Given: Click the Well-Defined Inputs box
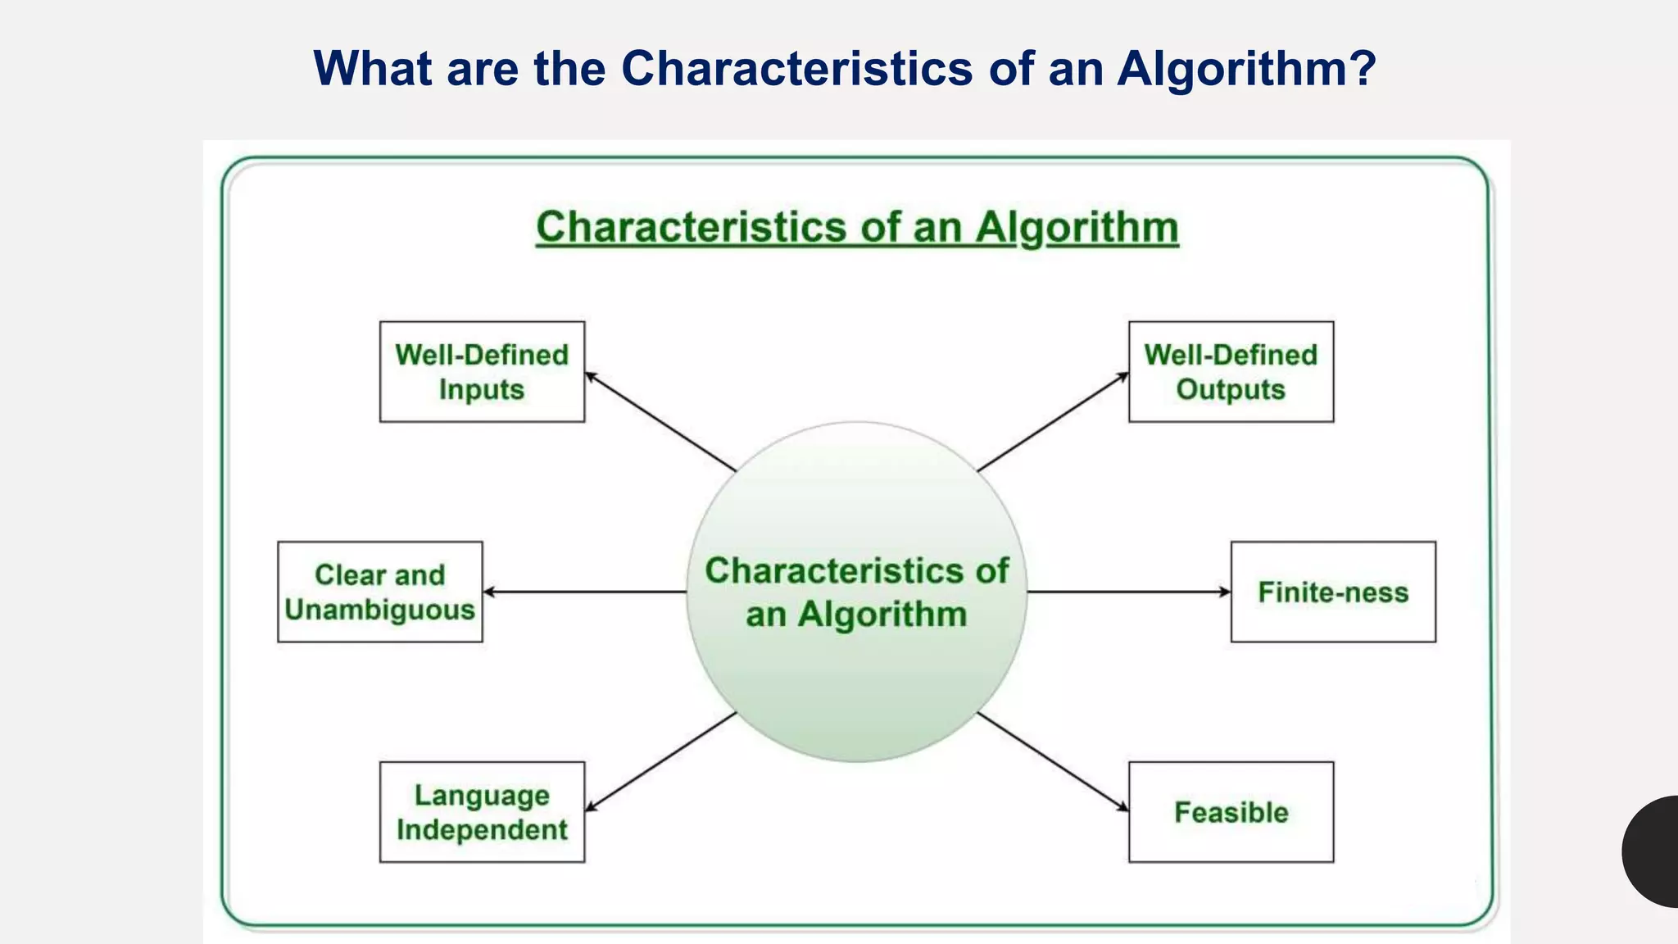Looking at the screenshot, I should click(x=482, y=372).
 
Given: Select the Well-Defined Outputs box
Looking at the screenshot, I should click(x=1231, y=372).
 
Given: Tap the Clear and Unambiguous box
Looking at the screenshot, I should click(x=380, y=592).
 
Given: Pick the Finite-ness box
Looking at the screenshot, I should click(x=1333, y=592).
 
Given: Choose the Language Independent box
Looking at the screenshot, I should click(x=482, y=812).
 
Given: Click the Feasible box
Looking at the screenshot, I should click(x=1231, y=812).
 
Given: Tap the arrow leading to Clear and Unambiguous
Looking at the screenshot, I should click(x=584, y=592).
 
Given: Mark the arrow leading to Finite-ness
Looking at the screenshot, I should click(x=1128, y=592).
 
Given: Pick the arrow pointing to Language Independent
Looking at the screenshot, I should click(x=660, y=761).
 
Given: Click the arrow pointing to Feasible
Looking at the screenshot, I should click(x=1053, y=761).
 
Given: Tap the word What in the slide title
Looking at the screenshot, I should click(x=373, y=68).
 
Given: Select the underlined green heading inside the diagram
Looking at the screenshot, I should click(x=857, y=227).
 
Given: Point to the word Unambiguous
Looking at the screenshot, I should click(x=380, y=610).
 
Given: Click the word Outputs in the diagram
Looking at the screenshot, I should click(x=1231, y=389).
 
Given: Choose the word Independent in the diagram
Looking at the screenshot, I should click(x=482, y=829).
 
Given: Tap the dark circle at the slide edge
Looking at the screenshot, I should click(x=1653, y=851).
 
